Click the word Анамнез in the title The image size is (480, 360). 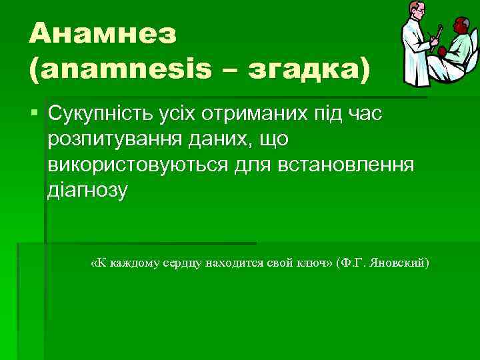coord(103,33)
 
